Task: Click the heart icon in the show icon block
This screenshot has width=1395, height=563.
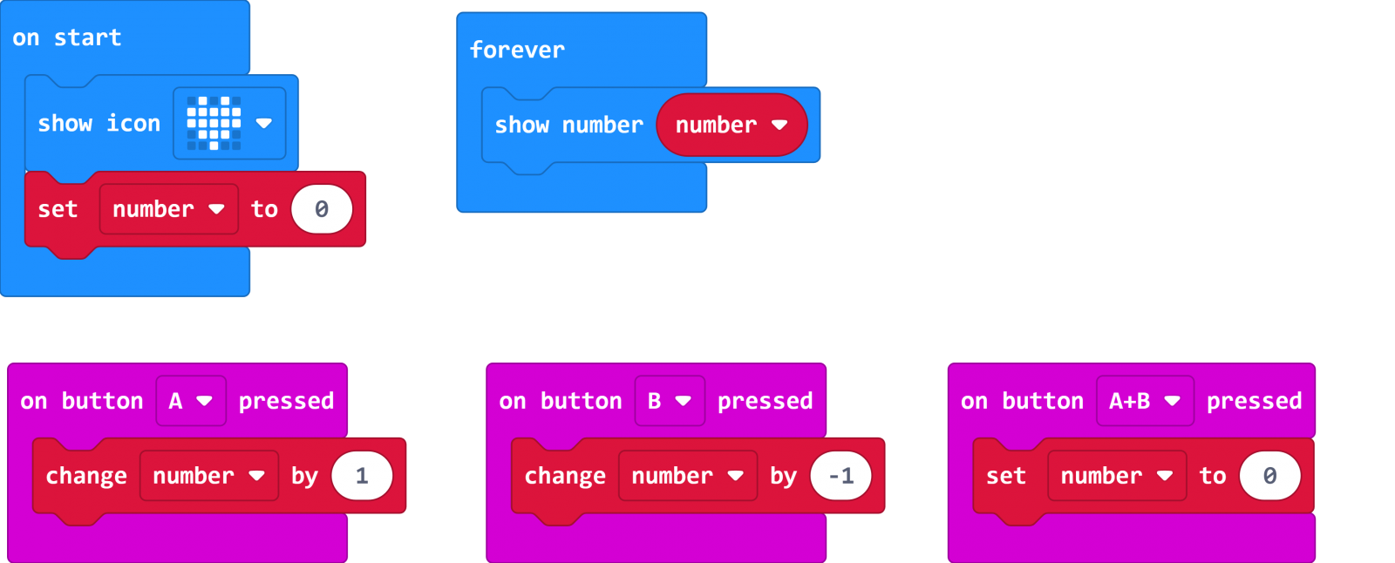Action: coord(214,123)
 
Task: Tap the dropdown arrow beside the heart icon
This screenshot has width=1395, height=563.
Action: coord(264,123)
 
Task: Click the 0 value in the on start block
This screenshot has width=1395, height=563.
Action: coord(322,209)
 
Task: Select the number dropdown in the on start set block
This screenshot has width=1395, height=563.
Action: coord(169,209)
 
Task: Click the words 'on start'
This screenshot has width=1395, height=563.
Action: coord(66,38)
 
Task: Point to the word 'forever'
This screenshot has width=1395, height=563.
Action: coord(517,50)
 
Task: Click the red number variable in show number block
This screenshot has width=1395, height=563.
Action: coord(732,125)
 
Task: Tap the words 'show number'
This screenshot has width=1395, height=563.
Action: coord(568,125)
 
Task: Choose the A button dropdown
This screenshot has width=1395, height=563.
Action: coord(191,401)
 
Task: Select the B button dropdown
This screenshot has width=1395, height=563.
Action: coord(670,401)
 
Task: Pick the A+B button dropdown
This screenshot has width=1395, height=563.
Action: coord(1146,401)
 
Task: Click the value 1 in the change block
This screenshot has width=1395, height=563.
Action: coord(362,477)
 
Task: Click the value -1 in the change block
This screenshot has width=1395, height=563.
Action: coord(840,477)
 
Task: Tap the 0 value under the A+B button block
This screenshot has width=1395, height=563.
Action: coord(1269,477)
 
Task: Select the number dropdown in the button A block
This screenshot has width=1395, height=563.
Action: coord(209,477)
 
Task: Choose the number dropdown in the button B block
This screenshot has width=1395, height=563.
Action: coord(688,477)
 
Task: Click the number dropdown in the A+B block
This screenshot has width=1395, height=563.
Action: coord(1117,477)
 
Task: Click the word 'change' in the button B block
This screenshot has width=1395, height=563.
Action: coord(565,477)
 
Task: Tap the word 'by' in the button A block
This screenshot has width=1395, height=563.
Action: coord(304,477)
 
